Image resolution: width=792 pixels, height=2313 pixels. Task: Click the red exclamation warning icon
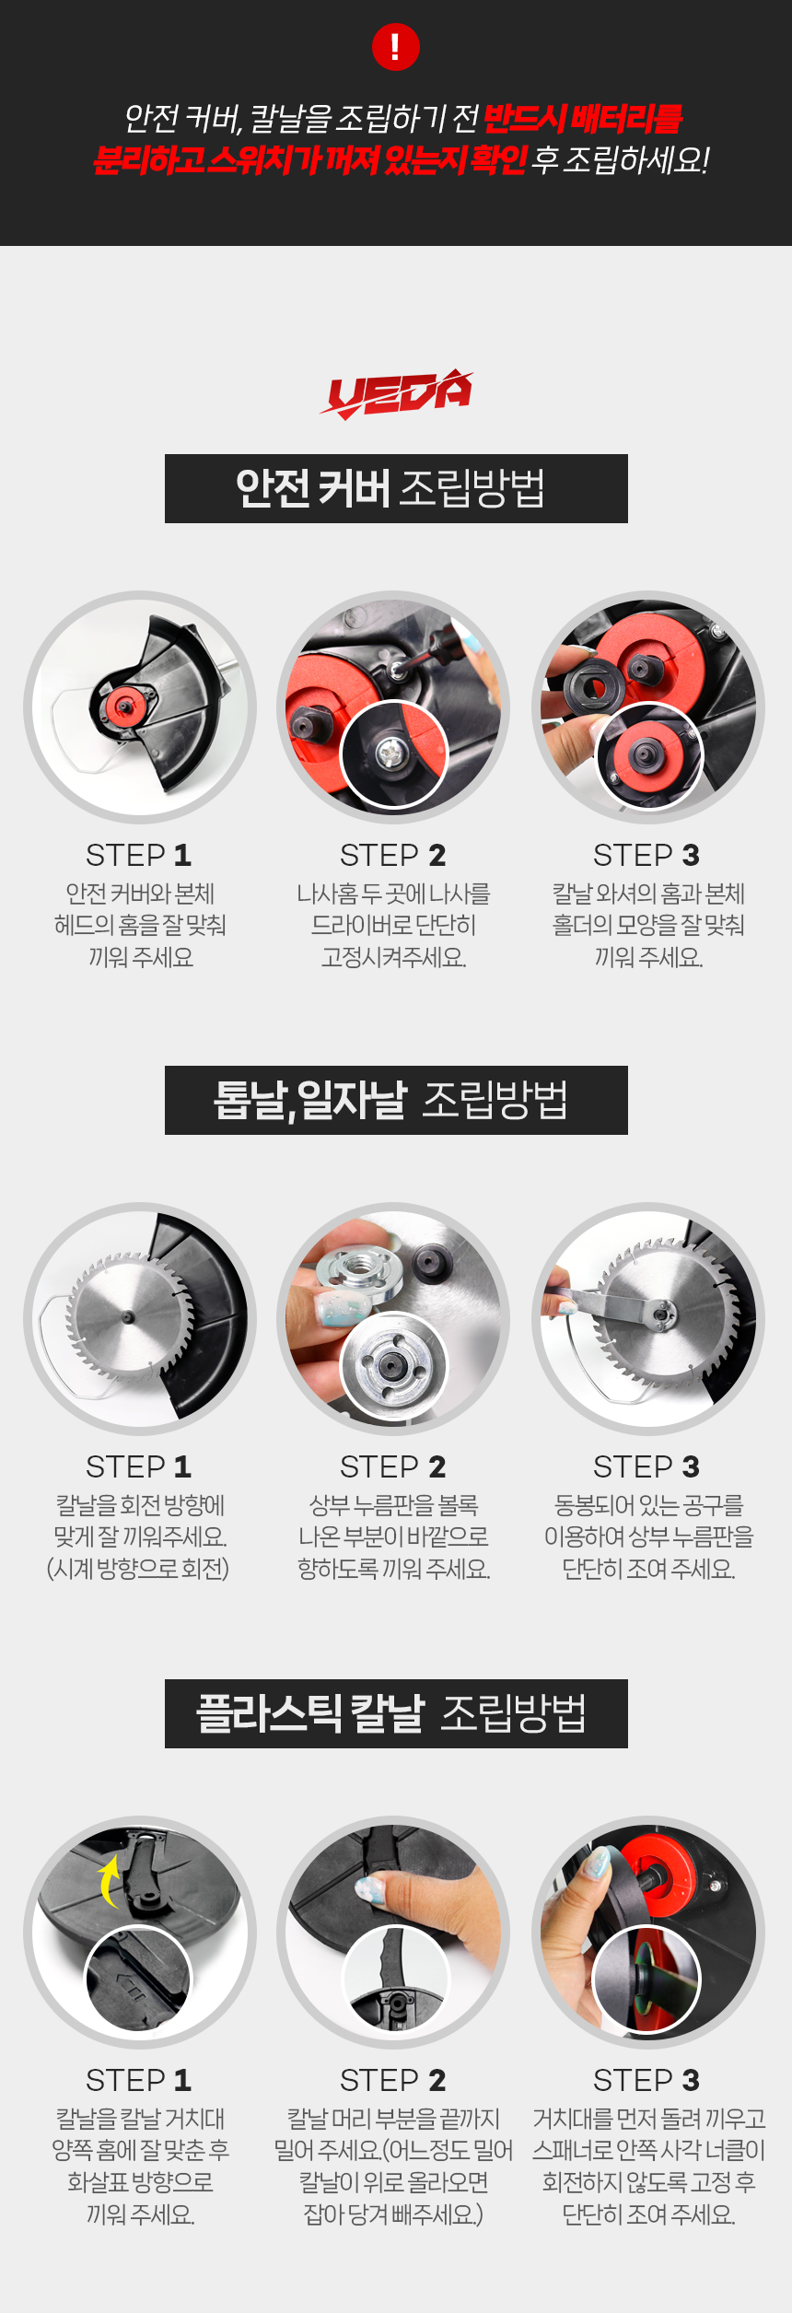coord(396,47)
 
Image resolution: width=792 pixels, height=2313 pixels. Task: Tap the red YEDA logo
coord(396,394)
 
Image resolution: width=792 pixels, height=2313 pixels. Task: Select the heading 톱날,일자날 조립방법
coord(390,1100)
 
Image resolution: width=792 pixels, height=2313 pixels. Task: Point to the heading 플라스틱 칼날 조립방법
coord(391,1713)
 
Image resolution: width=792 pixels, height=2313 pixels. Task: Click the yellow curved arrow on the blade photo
coord(110,1881)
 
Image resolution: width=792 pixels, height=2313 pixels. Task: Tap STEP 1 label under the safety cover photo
coord(139,855)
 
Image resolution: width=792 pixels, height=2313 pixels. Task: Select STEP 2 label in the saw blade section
coord(393,1466)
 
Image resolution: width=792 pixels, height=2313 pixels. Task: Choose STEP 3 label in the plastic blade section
coord(646,2080)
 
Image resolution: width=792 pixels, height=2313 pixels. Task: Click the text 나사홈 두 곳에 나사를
coord(393,894)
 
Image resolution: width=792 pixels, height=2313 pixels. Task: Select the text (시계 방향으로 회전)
coord(138,1569)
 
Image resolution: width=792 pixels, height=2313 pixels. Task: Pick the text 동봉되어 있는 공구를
coord(648,1505)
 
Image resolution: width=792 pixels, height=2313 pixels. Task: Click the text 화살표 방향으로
coord(140,2182)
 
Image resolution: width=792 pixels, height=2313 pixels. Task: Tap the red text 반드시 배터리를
coord(582,119)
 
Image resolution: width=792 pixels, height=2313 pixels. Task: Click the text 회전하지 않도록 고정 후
coord(648,2182)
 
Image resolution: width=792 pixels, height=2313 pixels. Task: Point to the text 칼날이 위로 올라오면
coord(393,2182)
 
